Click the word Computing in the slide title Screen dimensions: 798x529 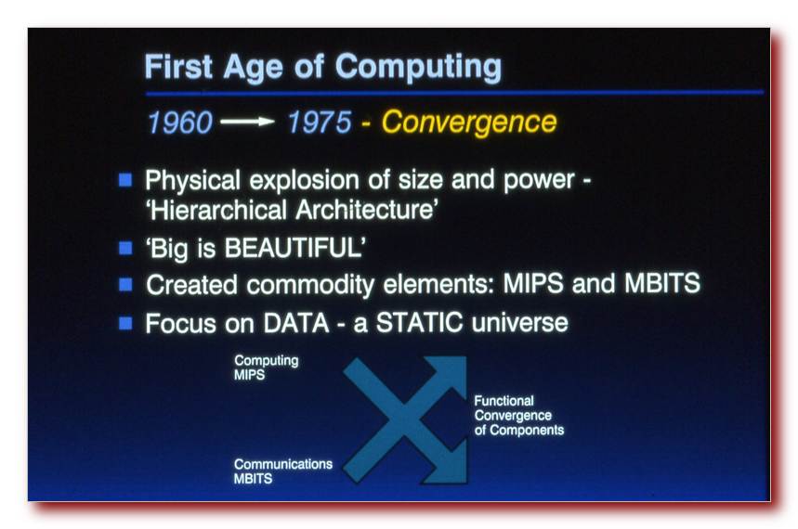coord(418,68)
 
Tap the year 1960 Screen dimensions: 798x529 coord(179,123)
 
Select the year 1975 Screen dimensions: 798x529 coord(320,123)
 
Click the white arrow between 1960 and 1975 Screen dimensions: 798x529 coord(247,122)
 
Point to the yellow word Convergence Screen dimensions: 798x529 coord(469,123)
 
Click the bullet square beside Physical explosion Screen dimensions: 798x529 coord(125,179)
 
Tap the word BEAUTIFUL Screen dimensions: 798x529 coord(294,248)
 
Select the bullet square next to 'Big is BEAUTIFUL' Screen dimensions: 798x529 coord(125,248)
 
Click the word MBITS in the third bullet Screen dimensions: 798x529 coord(662,283)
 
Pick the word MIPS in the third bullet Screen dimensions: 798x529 coord(533,283)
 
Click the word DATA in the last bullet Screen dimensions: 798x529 coord(296,323)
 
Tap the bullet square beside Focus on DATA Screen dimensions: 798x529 coord(125,323)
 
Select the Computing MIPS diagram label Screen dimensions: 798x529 coord(267,368)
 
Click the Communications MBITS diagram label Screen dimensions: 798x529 coord(283,471)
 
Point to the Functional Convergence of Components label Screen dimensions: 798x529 coord(519,416)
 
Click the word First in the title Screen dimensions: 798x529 coord(178,67)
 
